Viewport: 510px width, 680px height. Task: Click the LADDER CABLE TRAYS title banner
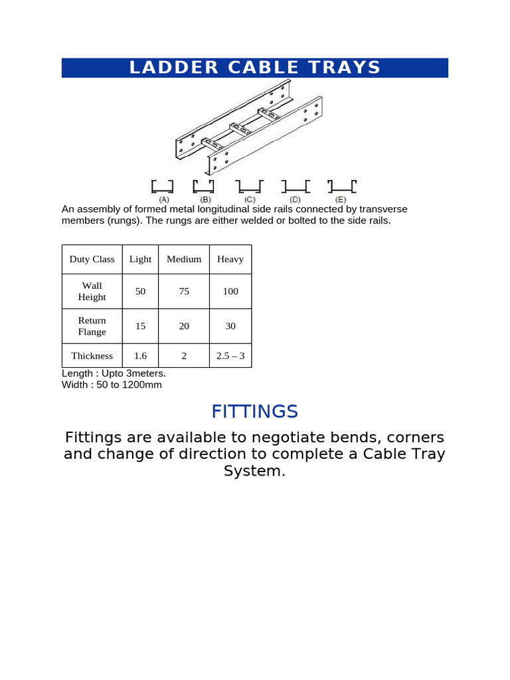coord(255,68)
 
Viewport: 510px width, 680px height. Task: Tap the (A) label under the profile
coord(163,199)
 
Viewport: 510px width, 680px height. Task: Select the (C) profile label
coord(250,199)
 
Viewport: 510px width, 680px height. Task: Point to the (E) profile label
coord(341,199)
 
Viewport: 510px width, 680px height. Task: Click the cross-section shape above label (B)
coord(203,186)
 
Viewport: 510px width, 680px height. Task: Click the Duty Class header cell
coord(92,259)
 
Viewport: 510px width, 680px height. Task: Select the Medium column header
coord(184,259)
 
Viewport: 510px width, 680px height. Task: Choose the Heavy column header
coord(230,259)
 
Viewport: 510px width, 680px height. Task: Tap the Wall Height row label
coord(92,291)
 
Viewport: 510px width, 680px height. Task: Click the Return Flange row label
coord(92,325)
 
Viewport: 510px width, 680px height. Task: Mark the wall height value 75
coord(184,291)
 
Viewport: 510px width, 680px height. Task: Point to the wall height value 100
coord(230,291)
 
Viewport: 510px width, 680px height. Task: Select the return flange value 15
coord(140,325)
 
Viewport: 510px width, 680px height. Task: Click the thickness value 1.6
coord(140,355)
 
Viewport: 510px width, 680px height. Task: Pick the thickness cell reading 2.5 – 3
coord(230,355)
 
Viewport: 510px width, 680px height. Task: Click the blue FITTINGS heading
coord(255,412)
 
